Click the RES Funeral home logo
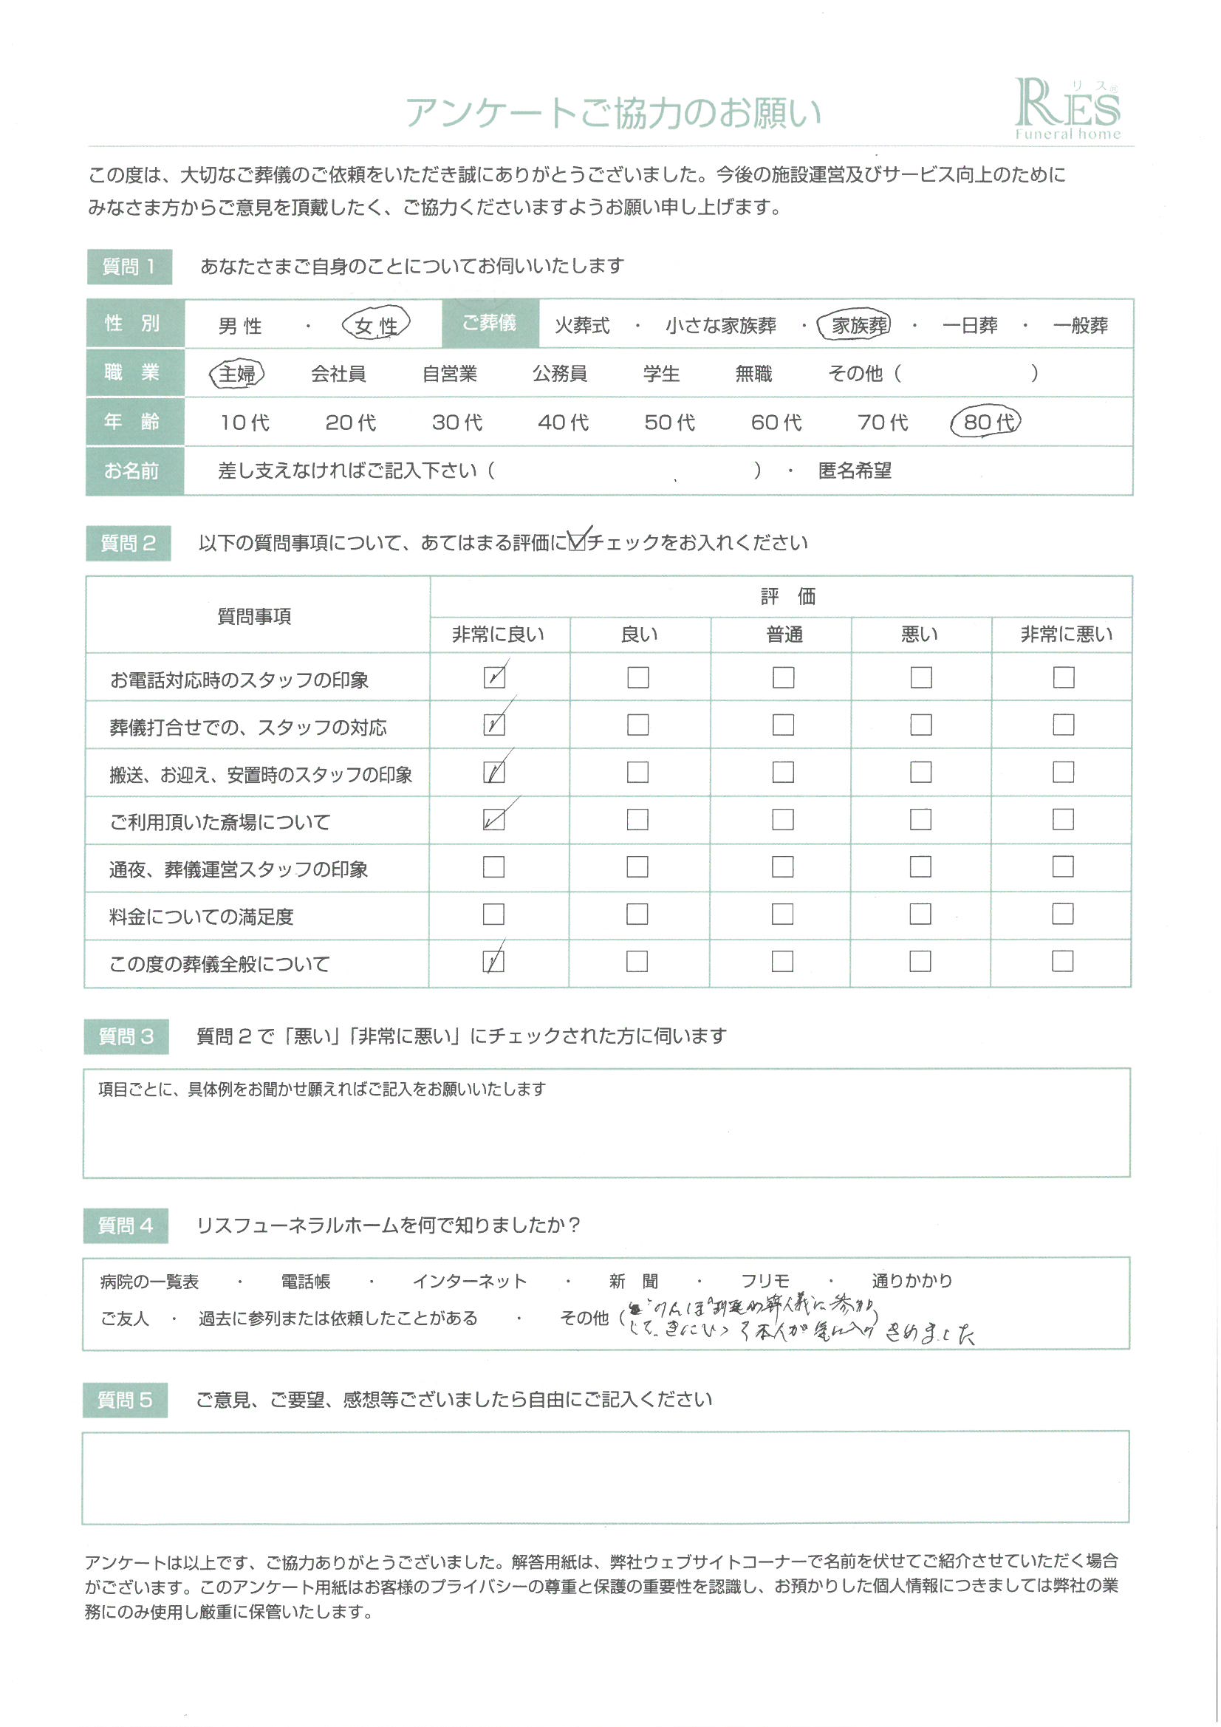(1067, 110)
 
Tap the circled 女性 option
(376, 325)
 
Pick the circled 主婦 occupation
(237, 374)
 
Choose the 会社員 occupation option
(338, 374)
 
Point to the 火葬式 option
(581, 326)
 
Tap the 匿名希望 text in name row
(855, 471)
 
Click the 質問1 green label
(129, 267)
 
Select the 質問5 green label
(125, 1400)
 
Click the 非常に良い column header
(498, 635)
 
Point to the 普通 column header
(784, 635)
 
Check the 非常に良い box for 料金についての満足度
(493, 914)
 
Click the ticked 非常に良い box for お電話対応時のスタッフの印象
(494, 677)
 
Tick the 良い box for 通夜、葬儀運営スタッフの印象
(637, 866)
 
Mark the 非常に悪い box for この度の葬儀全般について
(1062, 961)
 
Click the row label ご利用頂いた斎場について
(219, 822)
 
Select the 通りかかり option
(912, 1281)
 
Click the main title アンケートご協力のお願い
(613, 113)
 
